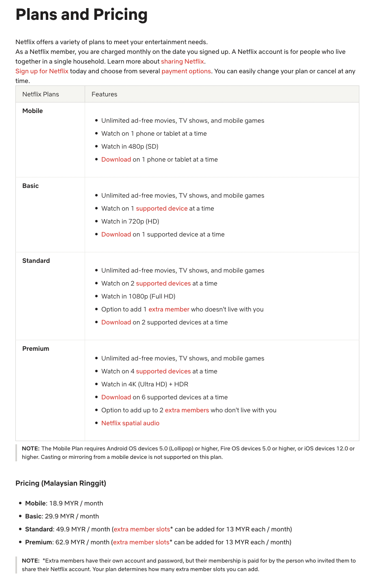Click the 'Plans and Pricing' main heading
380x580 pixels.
[81, 15]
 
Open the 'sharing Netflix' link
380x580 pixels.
[182, 62]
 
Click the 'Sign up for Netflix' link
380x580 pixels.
[42, 71]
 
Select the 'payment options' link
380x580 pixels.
[186, 71]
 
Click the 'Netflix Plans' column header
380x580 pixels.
[41, 94]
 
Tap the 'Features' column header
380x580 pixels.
[104, 94]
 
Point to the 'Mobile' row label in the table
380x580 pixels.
[32, 111]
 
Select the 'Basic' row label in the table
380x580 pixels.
[30, 186]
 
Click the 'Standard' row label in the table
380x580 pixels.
[36, 261]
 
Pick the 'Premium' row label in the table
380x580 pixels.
[36, 349]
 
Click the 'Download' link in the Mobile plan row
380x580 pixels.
[116, 160]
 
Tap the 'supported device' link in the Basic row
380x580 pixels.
[162, 209]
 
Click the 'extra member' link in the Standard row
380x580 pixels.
[169, 309]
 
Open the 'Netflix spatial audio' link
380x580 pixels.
[130, 423]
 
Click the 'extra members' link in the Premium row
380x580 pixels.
[187, 410]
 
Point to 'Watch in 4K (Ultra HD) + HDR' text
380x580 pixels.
[145, 384]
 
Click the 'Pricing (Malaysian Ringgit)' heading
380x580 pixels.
[61, 483]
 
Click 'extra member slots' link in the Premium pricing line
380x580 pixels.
[141, 542]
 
